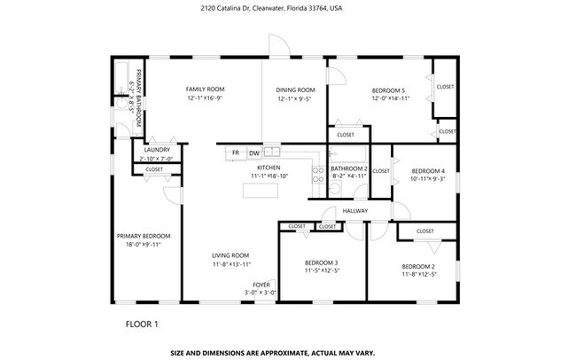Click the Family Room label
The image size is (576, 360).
(205, 90)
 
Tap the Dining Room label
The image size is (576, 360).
(295, 90)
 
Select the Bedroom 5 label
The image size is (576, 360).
(388, 90)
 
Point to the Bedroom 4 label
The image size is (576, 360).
(427, 170)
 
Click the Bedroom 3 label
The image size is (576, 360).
(321, 262)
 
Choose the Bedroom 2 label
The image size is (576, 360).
(418, 266)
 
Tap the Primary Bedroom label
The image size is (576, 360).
(144, 236)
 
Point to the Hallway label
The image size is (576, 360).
(355, 211)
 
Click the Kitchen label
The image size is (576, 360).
(269, 168)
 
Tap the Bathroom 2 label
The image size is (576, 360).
(348, 168)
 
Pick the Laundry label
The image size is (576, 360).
(157, 150)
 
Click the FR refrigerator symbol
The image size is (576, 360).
(236, 153)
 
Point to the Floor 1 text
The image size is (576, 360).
(142, 324)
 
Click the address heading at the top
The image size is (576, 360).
(287, 7)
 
